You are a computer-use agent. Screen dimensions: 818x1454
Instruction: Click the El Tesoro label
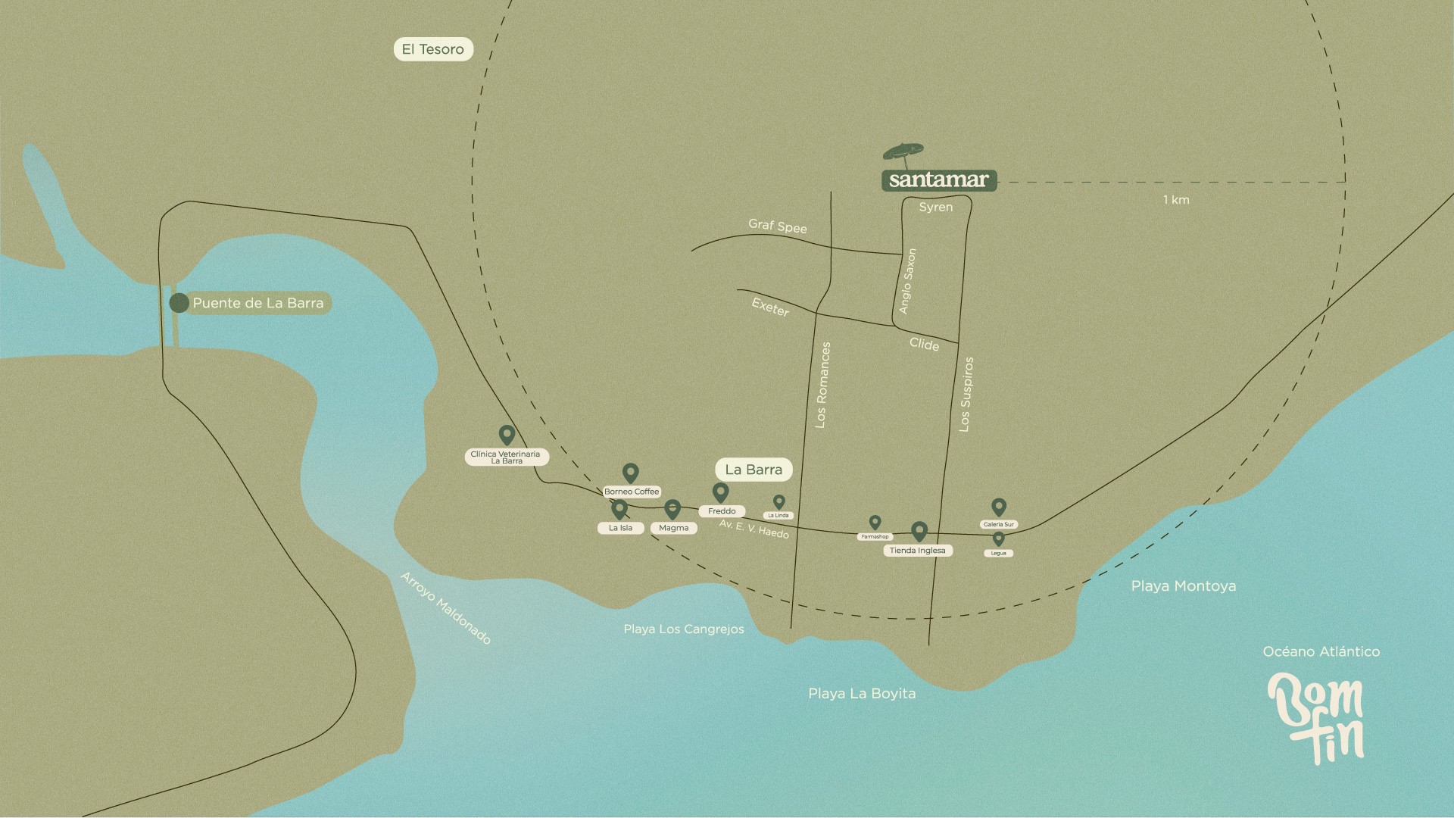click(432, 49)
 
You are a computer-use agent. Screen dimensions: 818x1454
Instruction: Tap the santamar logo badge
click(938, 180)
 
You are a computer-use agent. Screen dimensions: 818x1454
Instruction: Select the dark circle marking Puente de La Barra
click(179, 303)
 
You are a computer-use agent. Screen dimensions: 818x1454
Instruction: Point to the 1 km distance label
click(1176, 200)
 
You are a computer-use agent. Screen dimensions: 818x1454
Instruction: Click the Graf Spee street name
click(777, 226)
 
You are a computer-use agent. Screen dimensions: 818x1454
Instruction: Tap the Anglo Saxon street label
click(907, 281)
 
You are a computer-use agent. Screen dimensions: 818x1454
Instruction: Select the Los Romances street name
click(822, 385)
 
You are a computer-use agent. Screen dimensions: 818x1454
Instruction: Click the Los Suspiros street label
click(966, 395)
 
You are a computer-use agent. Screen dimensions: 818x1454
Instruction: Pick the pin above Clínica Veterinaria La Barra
click(507, 435)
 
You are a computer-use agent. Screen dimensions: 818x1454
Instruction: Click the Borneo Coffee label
click(632, 492)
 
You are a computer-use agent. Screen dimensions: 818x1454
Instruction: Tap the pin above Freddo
click(720, 492)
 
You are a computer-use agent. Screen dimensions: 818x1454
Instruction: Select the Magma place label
click(673, 528)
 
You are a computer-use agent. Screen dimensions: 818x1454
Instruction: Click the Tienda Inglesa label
click(917, 551)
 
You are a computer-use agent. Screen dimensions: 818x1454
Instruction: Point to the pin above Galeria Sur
click(999, 507)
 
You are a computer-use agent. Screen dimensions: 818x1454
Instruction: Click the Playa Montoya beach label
click(1183, 586)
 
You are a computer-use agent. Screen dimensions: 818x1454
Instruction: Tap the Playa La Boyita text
click(861, 694)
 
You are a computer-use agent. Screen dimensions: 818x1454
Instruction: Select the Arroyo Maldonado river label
click(445, 608)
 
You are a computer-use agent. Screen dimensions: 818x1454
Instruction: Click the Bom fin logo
click(1316, 717)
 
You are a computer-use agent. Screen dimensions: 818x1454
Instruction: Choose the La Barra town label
click(754, 470)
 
